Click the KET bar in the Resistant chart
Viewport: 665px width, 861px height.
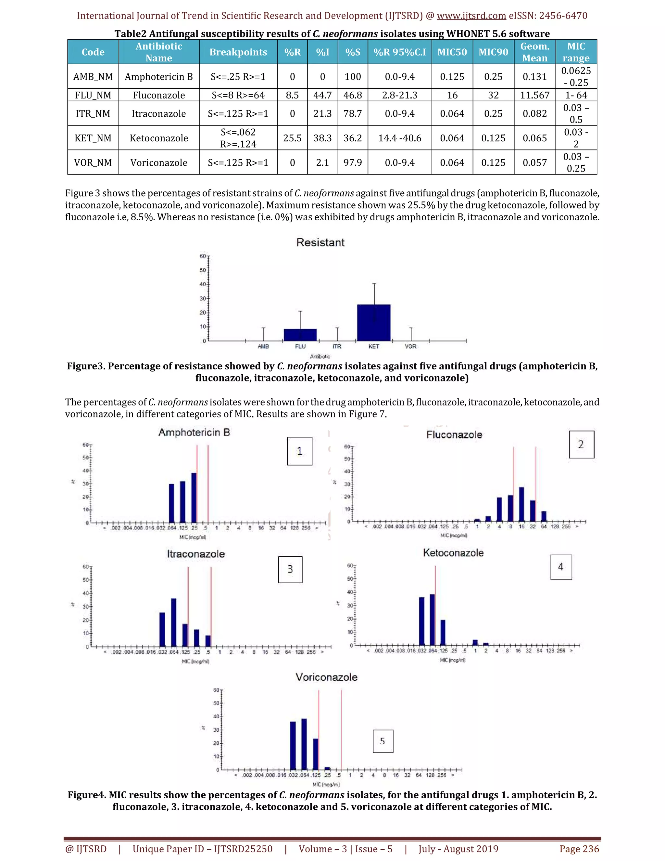click(373, 323)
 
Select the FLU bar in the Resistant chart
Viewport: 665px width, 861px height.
click(300, 335)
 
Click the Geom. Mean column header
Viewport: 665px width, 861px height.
click(534, 52)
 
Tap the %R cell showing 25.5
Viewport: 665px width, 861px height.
click(292, 138)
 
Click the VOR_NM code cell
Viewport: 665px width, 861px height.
click(93, 162)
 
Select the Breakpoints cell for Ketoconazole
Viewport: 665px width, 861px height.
click(238, 138)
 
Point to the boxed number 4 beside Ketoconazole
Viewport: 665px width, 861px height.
click(560, 567)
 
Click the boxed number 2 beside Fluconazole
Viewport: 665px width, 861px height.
click(581, 444)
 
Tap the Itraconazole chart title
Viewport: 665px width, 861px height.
click(196, 554)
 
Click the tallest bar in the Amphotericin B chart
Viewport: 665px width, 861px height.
click(194, 497)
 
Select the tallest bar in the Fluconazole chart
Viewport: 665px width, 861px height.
click(521, 504)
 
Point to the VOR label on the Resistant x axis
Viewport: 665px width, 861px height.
click(410, 347)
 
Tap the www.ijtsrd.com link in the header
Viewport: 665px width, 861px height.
click(471, 16)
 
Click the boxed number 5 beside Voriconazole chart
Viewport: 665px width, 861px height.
click(383, 741)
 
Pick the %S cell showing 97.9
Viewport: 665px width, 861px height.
click(352, 162)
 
